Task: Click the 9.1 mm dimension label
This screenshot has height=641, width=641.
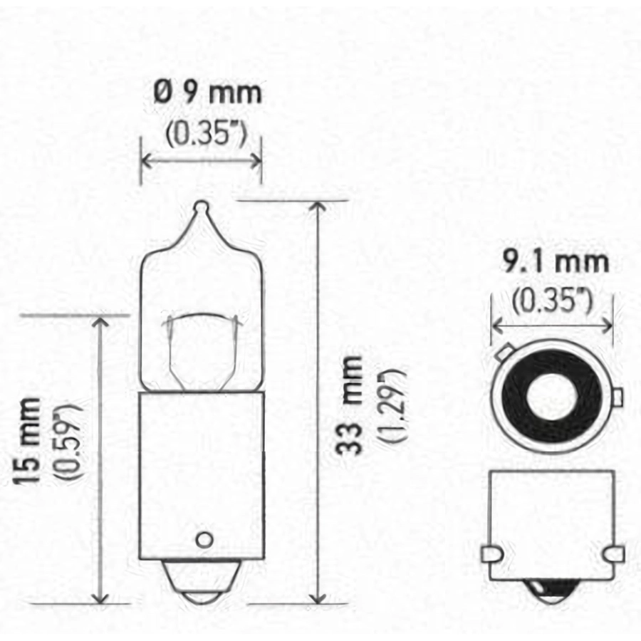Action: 555,261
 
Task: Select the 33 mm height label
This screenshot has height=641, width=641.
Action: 350,405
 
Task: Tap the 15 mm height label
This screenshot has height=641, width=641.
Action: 27,441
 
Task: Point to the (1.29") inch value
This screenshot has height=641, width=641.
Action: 393,405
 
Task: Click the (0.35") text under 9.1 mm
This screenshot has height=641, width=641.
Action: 551,301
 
